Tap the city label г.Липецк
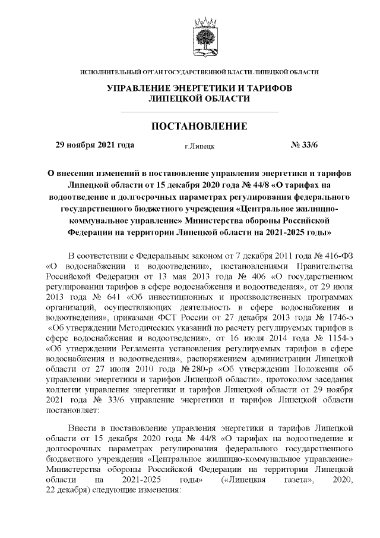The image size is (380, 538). pyautogui.click(x=200, y=146)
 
